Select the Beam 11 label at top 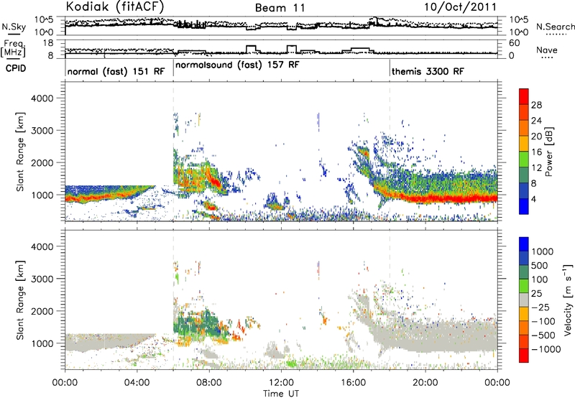tap(282, 7)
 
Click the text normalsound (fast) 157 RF tap(238, 65)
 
